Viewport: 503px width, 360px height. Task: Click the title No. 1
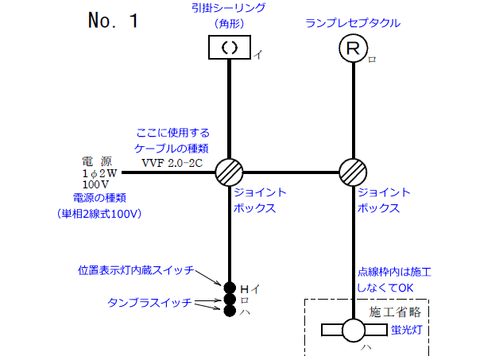(x=114, y=21)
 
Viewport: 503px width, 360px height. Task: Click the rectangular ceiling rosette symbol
(x=229, y=47)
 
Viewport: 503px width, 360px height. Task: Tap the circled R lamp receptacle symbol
(x=352, y=48)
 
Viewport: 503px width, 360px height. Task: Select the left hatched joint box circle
(x=229, y=172)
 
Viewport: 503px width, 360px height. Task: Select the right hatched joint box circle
(x=352, y=172)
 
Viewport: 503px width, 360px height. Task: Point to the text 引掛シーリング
(x=229, y=9)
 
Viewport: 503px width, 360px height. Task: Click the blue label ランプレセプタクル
(x=353, y=23)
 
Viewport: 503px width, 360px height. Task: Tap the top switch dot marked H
(x=230, y=288)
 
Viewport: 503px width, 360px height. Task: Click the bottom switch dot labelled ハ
(x=230, y=312)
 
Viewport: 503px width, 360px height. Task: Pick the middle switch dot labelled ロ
(x=230, y=300)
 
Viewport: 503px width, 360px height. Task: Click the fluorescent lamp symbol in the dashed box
(x=352, y=330)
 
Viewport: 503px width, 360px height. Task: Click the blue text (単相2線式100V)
(x=98, y=213)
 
